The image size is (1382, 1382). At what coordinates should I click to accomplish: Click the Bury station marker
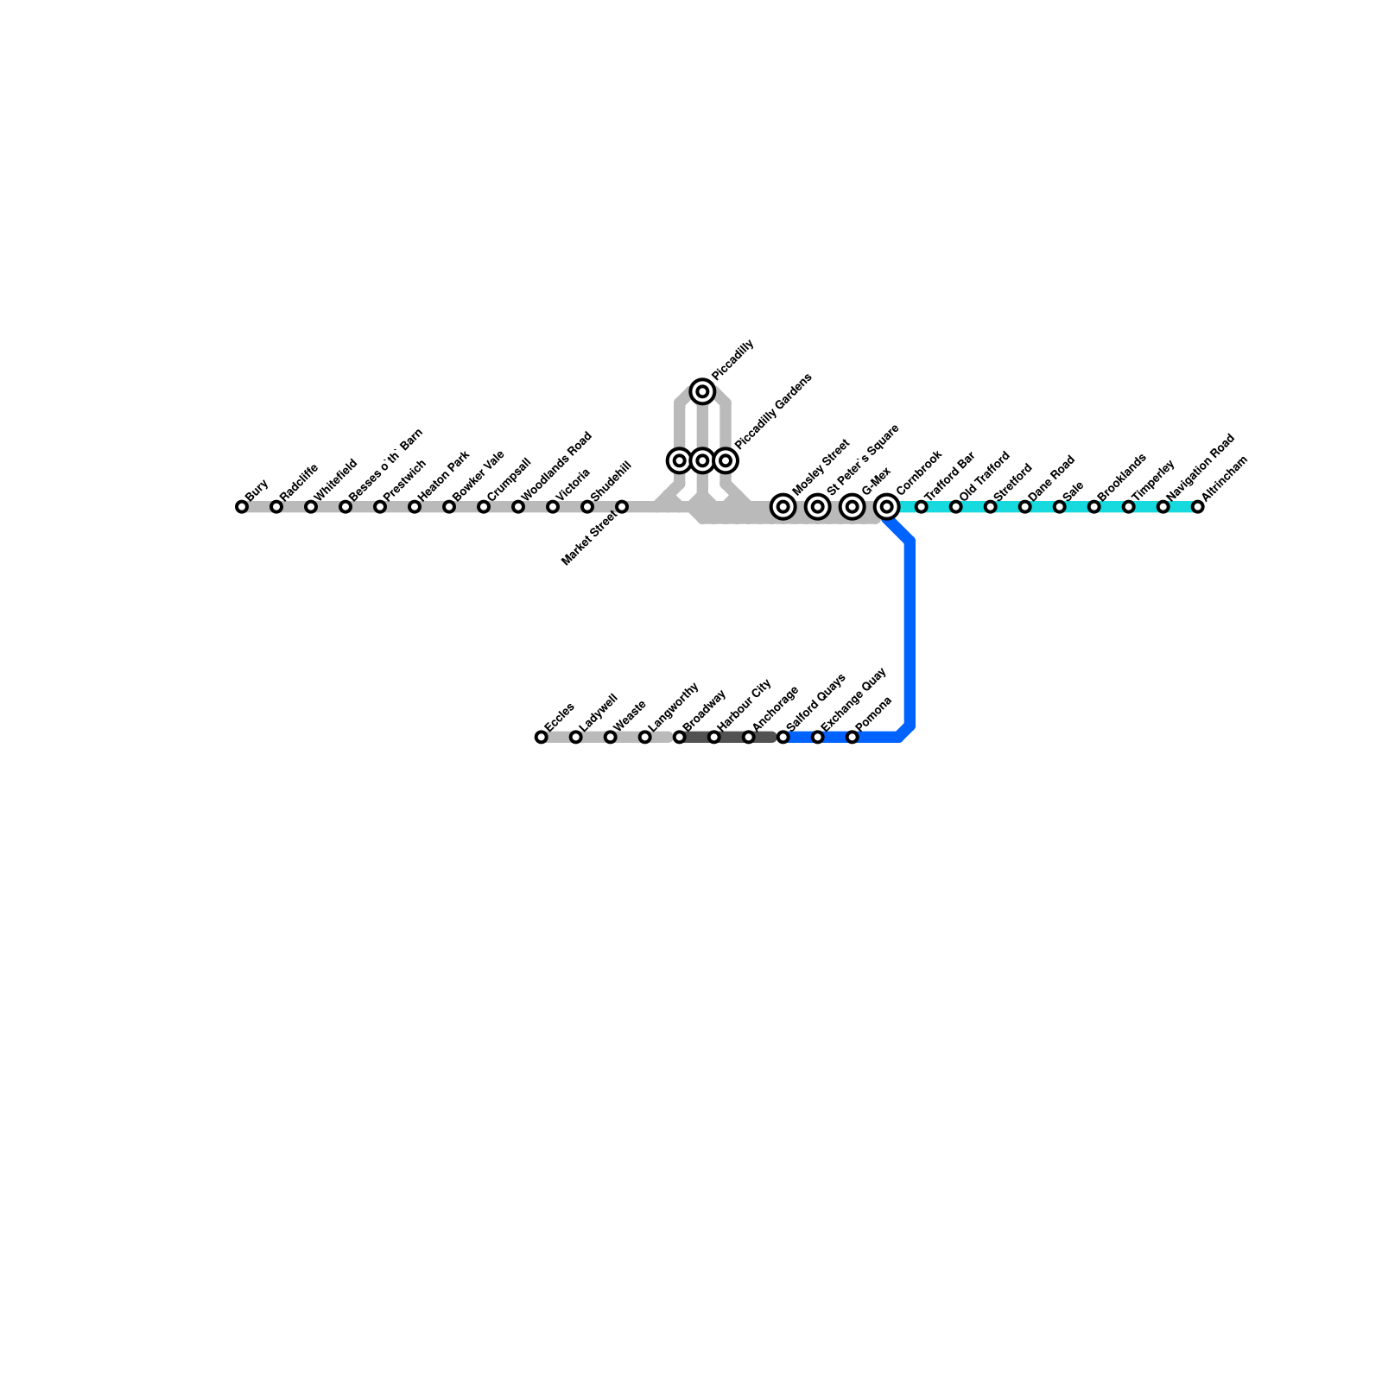point(242,507)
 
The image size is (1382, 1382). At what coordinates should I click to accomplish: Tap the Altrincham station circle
point(1197,507)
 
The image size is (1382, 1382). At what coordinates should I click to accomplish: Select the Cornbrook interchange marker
point(886,507)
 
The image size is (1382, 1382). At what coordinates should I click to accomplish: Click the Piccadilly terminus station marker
point(703,392)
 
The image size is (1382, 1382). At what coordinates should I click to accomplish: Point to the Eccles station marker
point(541,737)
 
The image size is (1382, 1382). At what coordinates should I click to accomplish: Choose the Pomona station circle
point(852,737)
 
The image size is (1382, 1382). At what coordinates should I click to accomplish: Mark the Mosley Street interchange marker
point(783,507)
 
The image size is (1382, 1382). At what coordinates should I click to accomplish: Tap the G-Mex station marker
point(852,507)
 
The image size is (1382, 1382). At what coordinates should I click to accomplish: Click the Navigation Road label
point(1201,466)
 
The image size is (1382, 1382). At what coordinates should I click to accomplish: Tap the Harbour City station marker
point(713,737)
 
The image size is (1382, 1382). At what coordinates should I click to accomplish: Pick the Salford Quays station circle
point(783,737)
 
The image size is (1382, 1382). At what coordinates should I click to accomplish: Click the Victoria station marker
point(553,507)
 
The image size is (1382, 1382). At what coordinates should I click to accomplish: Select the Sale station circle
point(1059,507)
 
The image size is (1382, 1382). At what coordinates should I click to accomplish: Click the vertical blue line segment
point(910,635)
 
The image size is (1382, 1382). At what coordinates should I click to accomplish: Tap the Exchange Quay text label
point(854,699)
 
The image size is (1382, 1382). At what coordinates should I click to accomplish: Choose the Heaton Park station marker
point(415,507)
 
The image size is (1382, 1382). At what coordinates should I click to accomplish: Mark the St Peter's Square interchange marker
point(817,507)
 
